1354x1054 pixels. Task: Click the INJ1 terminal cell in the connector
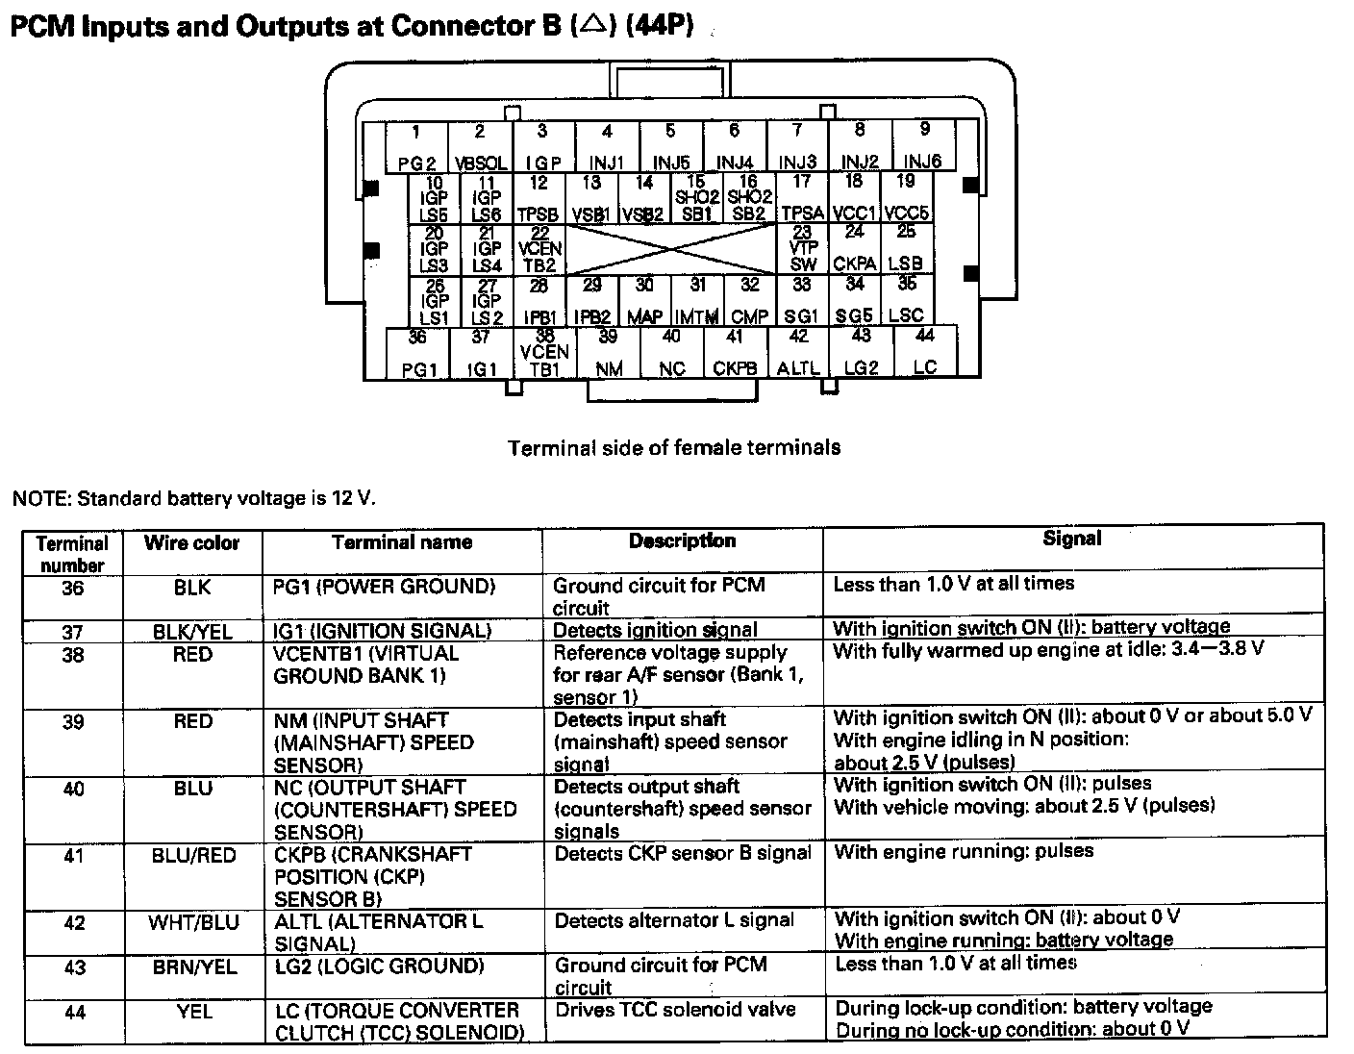pyautogui.click(x=607, y=147)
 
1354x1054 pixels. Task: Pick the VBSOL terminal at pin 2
pyautogui.click(x=480, y=147)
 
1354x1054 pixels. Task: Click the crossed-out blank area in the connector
pyautogui.click(x=670, y=250)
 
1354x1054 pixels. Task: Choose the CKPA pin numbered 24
pyautogui.click(x=854, y=249)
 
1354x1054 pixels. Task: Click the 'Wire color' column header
pyautogui.click(x=191, y=543)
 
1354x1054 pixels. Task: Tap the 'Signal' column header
pyautogui.click(x=1071, y=540)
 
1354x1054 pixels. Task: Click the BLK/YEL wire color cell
pyautogui.click(x=192, y=632)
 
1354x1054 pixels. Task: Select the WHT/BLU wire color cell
pyautogui.click(x=192, y=923)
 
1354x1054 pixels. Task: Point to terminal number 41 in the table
pyautogui.click(x=73, y=855)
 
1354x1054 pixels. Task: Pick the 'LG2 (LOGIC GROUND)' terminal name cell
pyautogui.click(x=379, y=966)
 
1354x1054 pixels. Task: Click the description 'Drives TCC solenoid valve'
pyautogui.click(x=675, y=1010)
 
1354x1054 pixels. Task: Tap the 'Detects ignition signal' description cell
pyautogui.click(x=655, y=631)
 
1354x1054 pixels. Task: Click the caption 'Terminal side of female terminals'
pyautogui.click(x=673, y=448)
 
